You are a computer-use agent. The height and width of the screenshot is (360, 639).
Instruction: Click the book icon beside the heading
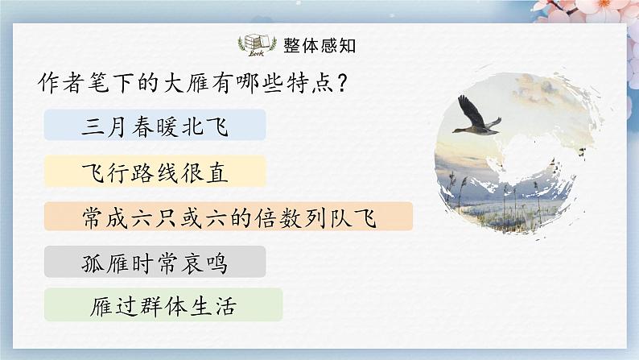256,44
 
